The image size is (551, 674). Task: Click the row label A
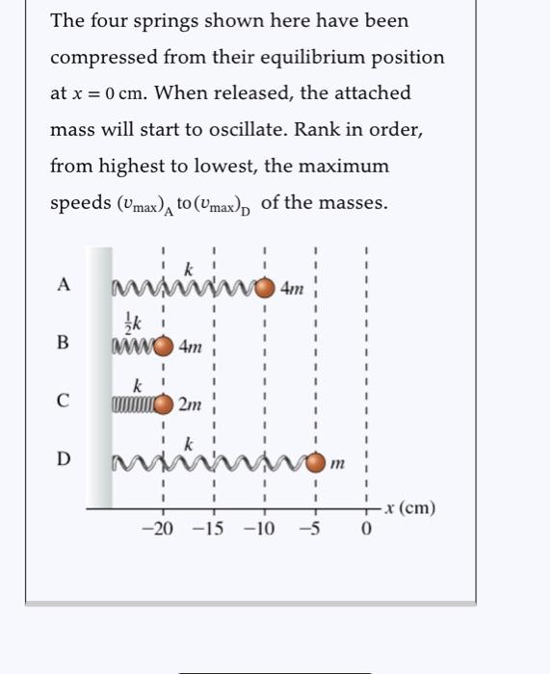(64, 285)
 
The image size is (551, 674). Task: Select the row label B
(64, 343)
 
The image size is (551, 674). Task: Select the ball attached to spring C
(164, 403)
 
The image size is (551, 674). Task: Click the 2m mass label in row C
(190, 404)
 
